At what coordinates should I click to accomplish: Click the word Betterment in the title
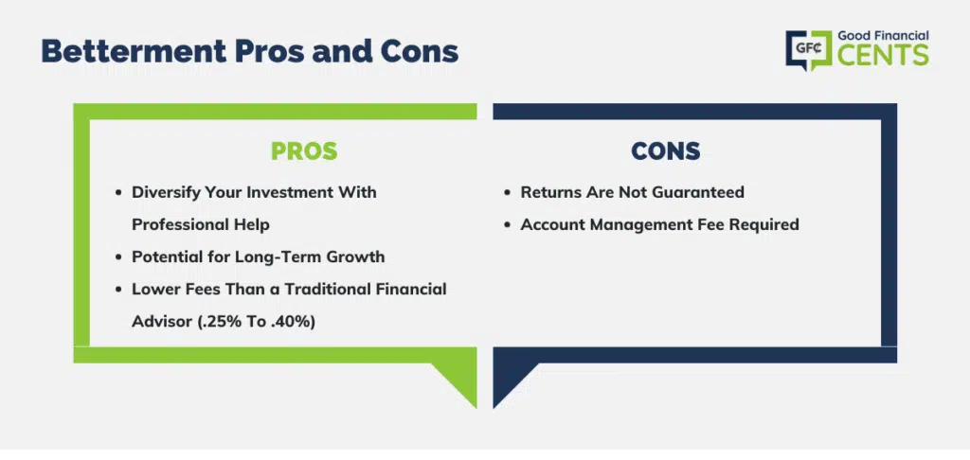pyautogui.click(x=135, y=52)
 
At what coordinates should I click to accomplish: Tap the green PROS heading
pyautogui.click(x=304, y=150)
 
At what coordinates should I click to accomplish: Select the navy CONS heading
pyautogui.click(x=666, y=150)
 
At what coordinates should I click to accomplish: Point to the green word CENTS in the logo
pyautogui.click(x=884, y=56)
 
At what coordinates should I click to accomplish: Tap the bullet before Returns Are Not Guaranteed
pyautogui.click(x=508, y=193)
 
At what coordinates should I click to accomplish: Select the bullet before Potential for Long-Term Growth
pyautogui.click(x=118, y=257)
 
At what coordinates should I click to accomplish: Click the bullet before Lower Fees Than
pyautogui.click(x=118, y=290)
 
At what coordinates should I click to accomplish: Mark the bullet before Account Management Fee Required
pyautogui.click(x=508, y=225)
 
